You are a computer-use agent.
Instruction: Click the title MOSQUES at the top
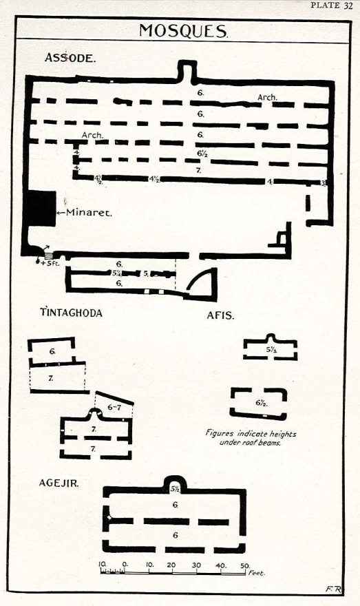point(184,30)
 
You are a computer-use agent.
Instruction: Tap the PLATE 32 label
point(331,6)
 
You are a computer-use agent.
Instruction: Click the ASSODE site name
point(70,58)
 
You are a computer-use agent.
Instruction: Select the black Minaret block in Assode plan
point(41,209)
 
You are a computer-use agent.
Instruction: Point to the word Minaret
point(89,212)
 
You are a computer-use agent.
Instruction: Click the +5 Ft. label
point(50,264)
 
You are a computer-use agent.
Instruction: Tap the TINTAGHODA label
point(72,312)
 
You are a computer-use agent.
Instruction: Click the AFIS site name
point(220,315)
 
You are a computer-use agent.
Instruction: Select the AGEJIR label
point(59,483)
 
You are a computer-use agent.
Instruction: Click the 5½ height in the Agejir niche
point(175,489)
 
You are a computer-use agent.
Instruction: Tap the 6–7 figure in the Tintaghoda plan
point(115,407)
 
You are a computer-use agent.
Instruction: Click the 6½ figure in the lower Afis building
point(262,403)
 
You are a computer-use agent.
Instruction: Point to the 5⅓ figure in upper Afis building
point(272,350)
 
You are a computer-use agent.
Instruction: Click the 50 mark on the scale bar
point(245,566)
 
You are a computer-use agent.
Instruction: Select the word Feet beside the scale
point(257,573)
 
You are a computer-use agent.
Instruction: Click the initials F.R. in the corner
point(333,589)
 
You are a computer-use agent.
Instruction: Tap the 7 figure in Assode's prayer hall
point(198,170)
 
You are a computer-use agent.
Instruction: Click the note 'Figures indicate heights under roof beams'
point(251,438)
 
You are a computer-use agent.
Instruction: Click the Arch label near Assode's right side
point(267,97)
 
